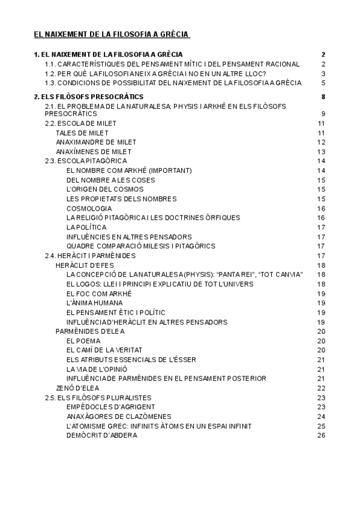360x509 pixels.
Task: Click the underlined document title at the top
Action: pyautogui.click(x=111, y=35)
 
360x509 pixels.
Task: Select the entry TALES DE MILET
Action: pyautogui.click(x=82, y=133)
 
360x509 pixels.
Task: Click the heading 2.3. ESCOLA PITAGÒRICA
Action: pyautogui.click(x=86, y=161)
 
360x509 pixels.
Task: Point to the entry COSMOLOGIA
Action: pyautogui.click(x=89, y=208)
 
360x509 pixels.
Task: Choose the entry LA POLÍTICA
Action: pyautogui.click(x=86, y=227)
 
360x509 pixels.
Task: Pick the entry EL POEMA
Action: pyautogui.click(x=83, y=340)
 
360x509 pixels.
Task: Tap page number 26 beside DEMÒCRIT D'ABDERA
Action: pyautogui.click(x=321, y=435)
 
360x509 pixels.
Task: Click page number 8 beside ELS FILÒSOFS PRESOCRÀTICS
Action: pyautogui.click(x=323, y=97)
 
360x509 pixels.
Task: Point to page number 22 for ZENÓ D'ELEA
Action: pyautogui.click(x=321, y=388)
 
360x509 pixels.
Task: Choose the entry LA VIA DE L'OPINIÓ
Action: pyautogui.click(x=97, y=369)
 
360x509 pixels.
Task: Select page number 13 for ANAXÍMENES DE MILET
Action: pyautogui.click(x=321, y=151)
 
